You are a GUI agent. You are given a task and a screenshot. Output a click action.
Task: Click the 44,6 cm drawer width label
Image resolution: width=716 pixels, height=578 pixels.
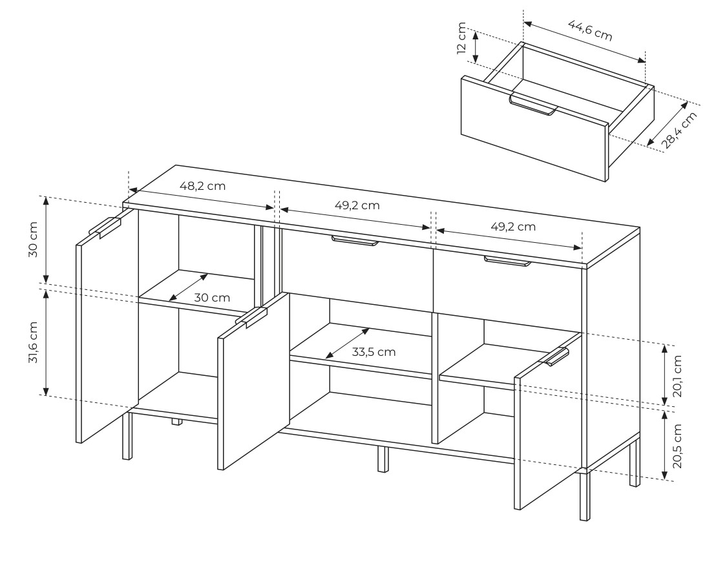point(589,30)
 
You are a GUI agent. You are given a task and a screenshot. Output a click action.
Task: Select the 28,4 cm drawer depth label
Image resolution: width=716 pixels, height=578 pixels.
point(679,130)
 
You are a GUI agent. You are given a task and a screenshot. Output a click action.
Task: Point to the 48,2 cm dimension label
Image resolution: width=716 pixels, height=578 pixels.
point(202,186)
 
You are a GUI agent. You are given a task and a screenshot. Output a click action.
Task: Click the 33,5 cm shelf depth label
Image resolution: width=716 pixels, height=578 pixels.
point(374,352)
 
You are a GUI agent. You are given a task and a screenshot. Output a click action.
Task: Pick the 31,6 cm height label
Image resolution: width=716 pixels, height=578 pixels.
point(33,342)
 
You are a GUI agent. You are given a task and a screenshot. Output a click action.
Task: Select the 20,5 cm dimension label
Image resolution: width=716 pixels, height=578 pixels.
point(677,446)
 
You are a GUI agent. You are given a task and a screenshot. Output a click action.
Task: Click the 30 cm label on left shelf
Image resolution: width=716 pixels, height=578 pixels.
point(212,298)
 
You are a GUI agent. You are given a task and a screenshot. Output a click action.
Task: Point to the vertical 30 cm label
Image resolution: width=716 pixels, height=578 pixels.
point(33,240)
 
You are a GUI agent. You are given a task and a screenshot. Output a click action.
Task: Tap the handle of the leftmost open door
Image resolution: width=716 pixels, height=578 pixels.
point(105,227)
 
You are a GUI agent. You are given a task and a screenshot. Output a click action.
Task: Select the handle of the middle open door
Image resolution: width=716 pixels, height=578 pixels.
point(251,318)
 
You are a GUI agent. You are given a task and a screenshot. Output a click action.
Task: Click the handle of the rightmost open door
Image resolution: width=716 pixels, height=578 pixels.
point(554,356)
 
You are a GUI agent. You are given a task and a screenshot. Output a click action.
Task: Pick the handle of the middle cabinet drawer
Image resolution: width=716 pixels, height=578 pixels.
point(355,241)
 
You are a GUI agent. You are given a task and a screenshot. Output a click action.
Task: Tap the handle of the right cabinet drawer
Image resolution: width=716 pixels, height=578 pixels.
point(508,262)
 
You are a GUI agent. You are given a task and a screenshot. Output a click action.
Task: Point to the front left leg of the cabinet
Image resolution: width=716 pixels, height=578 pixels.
point(127,435)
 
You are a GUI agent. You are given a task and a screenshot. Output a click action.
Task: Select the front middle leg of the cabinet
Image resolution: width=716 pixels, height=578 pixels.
point(383,459)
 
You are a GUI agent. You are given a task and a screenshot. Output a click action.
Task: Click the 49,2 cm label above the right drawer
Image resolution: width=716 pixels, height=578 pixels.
point(513,227)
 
